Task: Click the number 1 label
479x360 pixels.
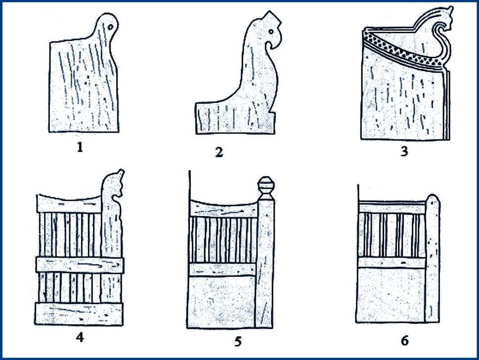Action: (x=80, y=147)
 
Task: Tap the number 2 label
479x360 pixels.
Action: (x=219, y=152)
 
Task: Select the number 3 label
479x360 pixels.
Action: (x=404, y=151)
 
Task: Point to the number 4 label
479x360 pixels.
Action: (x=80, y=337)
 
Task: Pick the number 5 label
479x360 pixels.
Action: (x=238, y=341)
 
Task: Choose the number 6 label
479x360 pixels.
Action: (x=405, y=340)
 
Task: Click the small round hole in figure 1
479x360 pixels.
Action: (x=110, y=27)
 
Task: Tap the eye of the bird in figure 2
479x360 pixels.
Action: (x=271, y=32)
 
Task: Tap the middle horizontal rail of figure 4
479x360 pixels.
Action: (x=80, y=265)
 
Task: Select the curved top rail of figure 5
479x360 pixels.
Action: (x=223, y=208)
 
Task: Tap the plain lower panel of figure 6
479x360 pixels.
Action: (x=391, y=295)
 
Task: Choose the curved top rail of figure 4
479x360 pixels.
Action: (x=69, y=203)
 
